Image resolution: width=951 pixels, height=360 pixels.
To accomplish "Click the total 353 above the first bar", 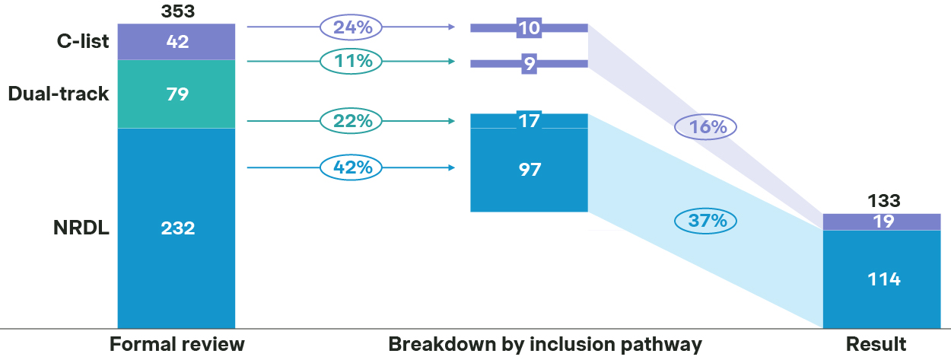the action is (177, 11).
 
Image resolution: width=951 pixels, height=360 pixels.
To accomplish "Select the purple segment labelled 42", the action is (177, 42).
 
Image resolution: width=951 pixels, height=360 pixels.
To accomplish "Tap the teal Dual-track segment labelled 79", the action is (177, 94).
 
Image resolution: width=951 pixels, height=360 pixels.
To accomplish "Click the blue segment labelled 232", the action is (177, 228).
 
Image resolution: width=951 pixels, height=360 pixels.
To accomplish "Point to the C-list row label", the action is (83, 41).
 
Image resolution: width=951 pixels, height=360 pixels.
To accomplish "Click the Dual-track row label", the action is (59, 94).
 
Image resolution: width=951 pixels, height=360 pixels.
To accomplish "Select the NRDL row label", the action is (81, 228).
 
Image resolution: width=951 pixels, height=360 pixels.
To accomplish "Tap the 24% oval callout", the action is (351, 27).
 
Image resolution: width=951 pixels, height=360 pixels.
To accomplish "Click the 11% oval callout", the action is (351, 62).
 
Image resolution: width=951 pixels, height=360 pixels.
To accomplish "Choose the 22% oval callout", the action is (351, 121).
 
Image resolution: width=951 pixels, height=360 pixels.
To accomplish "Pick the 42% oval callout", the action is (351, 167).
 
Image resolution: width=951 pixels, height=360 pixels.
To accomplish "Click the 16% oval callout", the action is (705, 127).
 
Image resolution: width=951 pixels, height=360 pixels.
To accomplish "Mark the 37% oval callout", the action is (705, 221).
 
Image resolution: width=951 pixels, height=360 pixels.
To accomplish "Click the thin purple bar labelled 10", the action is (529, 28).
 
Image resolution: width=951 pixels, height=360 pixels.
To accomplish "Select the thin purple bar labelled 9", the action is (529, 64).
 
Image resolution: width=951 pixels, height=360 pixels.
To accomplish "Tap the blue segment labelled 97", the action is (529, 170).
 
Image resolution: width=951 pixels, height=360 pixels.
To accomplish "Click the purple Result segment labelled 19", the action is (882, 221).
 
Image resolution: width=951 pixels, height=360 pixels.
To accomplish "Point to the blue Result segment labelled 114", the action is (882, 279).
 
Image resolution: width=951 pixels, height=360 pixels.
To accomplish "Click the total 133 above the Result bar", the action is (884, 200).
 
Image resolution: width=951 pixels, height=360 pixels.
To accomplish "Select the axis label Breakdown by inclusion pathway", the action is (545, 344).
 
